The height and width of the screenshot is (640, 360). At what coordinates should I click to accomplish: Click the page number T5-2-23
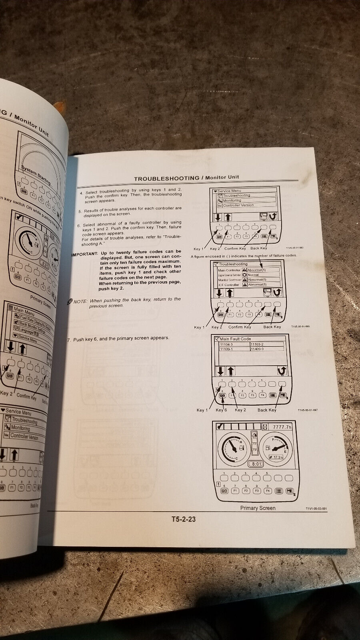tap(184, 520)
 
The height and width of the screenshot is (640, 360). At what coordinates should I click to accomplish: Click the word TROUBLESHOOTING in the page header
tap(166, 178)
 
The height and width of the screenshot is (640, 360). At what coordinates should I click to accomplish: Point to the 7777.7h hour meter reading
tap(282, 427)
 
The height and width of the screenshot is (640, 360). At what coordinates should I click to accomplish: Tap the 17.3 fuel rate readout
tap(276, 456)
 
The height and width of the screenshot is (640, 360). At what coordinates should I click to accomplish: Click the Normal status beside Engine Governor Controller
tap(253, 275)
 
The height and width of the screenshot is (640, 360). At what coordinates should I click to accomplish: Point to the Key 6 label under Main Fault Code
tap(221, 410)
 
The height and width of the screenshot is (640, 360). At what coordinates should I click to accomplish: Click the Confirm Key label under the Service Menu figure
tap(234, 248)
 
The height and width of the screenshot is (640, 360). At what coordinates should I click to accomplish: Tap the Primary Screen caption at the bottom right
tap(258, 508)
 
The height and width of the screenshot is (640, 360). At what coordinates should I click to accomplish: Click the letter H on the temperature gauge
tap(240, 442)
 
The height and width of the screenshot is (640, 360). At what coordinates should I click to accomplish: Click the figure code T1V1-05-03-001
tap(316, 509)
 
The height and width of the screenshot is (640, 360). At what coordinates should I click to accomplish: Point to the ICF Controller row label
tap(228, 285)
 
